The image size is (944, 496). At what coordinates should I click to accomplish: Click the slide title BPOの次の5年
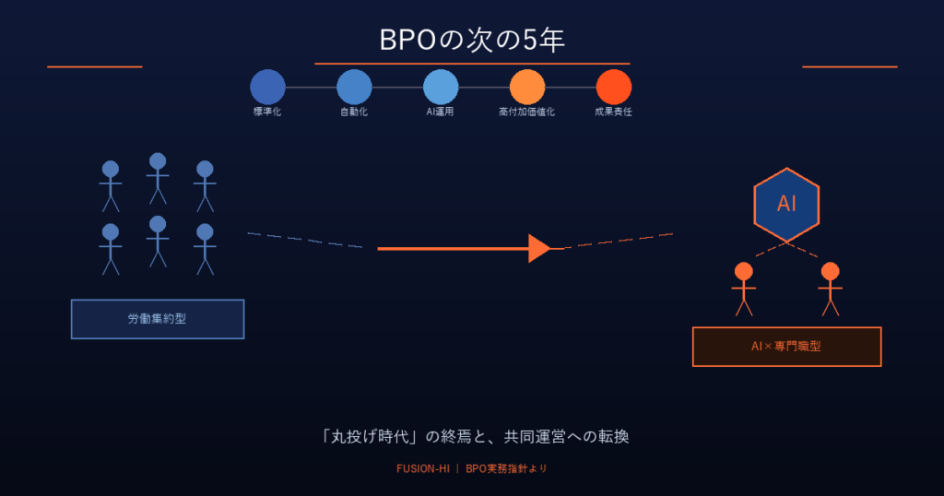[471, 41]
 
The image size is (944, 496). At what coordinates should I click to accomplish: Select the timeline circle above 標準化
[267, 88]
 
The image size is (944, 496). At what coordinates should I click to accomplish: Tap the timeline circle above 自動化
[354, 88]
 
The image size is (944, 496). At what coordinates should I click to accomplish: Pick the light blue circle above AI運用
[441, 88]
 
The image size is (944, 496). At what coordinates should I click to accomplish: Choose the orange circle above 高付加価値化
[527, 88]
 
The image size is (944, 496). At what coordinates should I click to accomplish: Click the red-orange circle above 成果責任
[614, 88]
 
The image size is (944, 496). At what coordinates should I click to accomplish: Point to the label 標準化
[267, 112]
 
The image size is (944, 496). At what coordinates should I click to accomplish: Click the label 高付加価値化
[527, 112]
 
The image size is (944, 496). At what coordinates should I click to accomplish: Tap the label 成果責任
[614, 112]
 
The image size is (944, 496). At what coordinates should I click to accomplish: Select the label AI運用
[441, 112]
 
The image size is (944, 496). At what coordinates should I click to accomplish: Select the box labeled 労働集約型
[158, 319]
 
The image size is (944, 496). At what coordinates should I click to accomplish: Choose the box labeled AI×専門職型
[786, 347]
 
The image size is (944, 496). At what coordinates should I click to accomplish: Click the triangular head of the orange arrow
[539, 248]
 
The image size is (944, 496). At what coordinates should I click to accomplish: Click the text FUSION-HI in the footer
[422, 468]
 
